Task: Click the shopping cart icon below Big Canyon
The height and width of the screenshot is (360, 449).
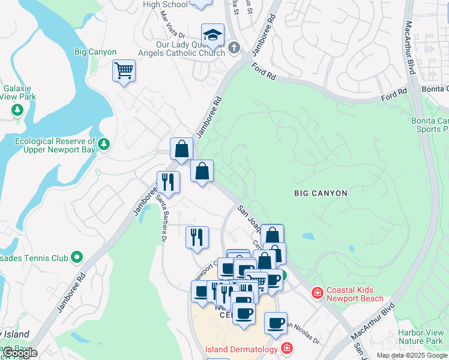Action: click(x=124, y=71)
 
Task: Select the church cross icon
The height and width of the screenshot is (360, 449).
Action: click(x=234, y=47)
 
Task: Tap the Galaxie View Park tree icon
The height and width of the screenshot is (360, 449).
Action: click(x=18, y=110)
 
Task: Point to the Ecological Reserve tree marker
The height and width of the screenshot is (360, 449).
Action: click(x=104, y=144)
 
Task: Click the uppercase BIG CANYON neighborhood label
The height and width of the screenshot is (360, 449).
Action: click(x=321, y=193)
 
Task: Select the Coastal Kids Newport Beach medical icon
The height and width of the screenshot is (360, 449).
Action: click(x=316, y=293)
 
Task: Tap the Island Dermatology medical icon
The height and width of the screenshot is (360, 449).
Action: click(x=287, y=349)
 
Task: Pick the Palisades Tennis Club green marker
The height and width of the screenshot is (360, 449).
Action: click(x=76, y=258)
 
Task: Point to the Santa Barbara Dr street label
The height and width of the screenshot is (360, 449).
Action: click(x=161, y=218)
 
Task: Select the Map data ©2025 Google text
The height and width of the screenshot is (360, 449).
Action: click(x=411, y=355)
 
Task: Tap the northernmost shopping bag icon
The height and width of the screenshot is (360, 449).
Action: click(x=181, y=149)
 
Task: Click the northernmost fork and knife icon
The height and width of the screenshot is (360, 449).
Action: click(x=169, y=182)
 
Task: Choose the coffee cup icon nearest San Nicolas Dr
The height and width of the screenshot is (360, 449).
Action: click(x=276, y=323)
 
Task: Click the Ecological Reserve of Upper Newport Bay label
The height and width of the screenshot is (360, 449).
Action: click(x=54, y=145)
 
